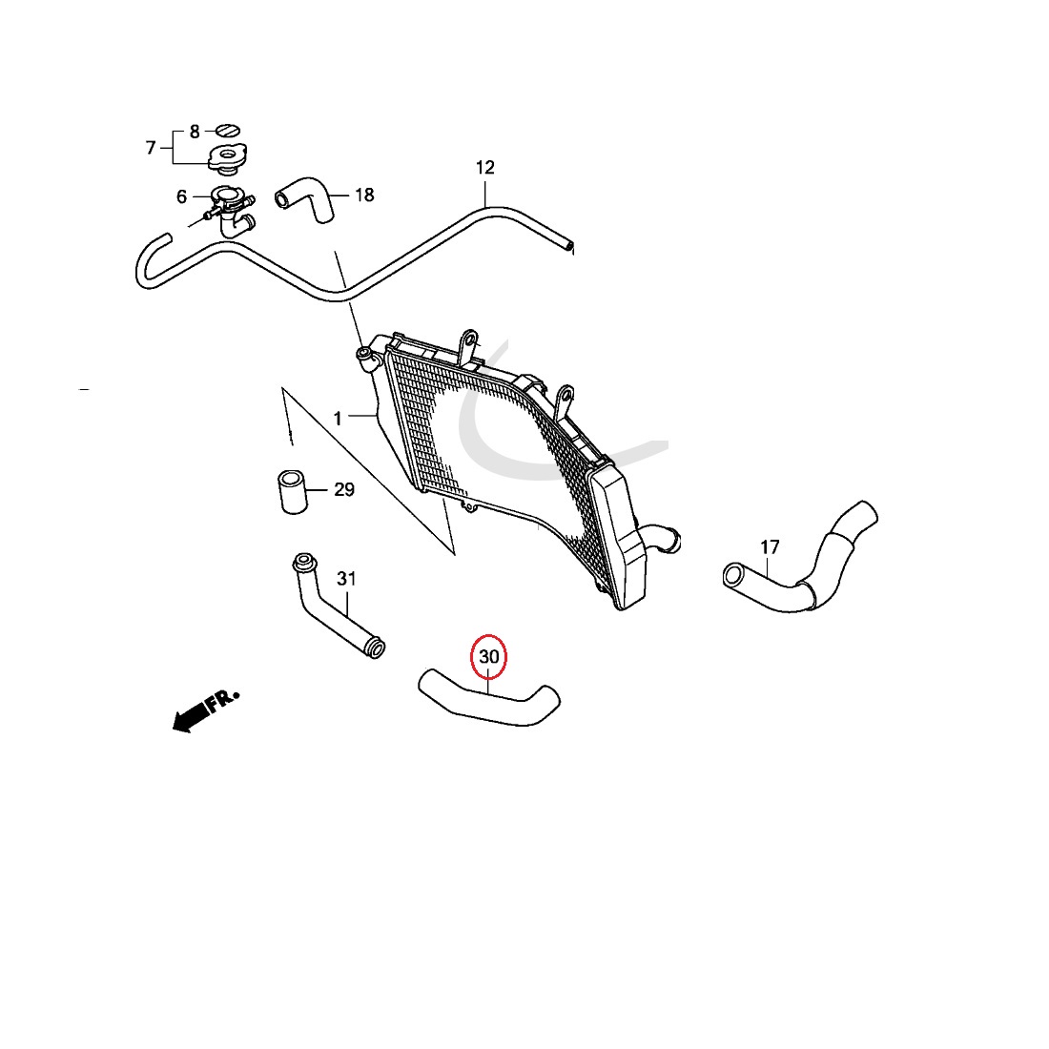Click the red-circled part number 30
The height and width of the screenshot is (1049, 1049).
point(489,657)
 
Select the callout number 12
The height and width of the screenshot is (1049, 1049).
point(485,167)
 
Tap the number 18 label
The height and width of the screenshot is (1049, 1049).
point(364,195)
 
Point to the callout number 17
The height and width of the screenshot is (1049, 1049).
point(770,547)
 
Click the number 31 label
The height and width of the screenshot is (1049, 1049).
point(346,579)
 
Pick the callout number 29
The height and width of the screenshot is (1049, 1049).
point(344,490)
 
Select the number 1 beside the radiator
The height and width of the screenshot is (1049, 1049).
point(338,419)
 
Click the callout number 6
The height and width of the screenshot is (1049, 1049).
point(181,196)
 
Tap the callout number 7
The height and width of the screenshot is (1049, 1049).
point(151,147)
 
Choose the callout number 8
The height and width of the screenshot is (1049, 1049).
point(195,132)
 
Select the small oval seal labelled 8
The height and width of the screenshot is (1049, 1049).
point(228,130)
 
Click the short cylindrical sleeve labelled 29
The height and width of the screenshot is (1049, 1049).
point(292,492)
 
